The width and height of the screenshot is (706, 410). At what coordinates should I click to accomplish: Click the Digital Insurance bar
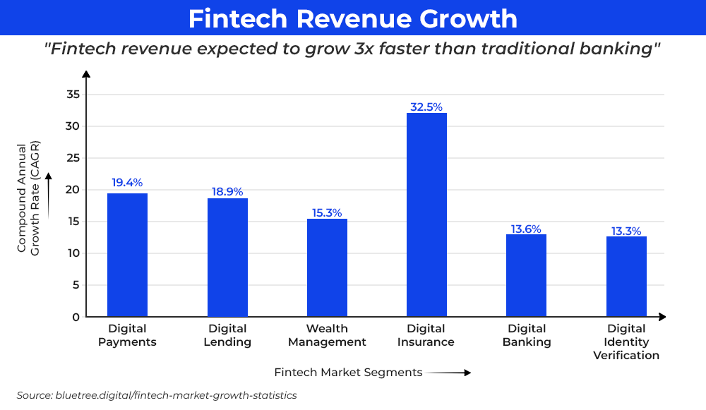(426, 215)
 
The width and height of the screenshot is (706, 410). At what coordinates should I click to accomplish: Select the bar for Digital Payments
(127, 255)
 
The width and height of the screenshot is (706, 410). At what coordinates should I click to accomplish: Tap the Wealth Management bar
(327, 267)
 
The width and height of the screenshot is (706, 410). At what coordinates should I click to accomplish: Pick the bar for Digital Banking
(526, 275)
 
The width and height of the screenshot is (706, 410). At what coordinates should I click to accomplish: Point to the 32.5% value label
(426, 107)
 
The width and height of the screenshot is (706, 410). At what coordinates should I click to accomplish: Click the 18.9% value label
(227, 192)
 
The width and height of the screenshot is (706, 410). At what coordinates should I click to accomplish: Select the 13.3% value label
(626, 231)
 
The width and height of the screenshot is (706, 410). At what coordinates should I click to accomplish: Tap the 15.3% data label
(327, 212)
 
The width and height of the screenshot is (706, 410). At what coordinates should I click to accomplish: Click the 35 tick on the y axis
(73, 95)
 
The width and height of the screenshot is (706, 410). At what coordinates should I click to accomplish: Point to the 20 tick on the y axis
(73, 190)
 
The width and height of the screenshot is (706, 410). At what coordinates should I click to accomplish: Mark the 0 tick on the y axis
(76, 317)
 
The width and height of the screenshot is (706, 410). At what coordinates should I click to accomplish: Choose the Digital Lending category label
(227, 335)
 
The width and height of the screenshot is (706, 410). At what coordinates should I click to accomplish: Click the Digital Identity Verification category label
(626, 342)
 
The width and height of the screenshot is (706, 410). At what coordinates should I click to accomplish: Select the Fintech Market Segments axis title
(348, 372)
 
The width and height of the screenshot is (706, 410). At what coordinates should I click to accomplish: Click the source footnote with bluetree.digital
(157, 395)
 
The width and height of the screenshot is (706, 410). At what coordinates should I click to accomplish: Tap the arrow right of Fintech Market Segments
(449, 373)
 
